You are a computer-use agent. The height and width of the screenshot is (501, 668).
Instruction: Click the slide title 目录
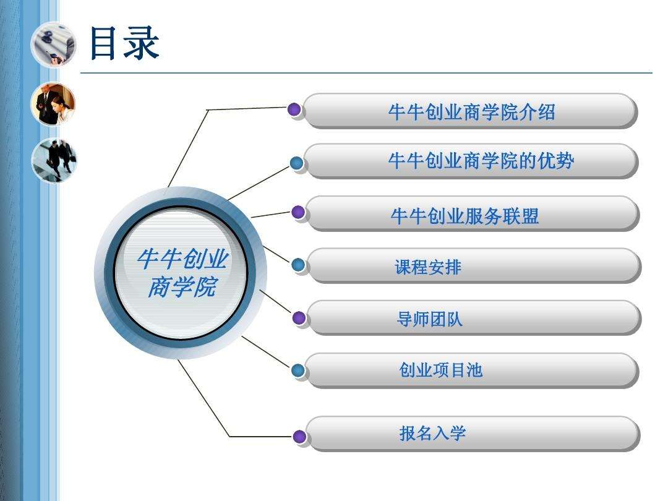pos(124,43)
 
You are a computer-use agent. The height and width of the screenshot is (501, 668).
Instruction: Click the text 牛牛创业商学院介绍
pos(471,112)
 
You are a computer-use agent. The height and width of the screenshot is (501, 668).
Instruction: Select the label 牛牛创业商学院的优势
pos(481,161)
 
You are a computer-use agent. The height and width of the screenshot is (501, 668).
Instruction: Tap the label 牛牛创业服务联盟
pos(465,216)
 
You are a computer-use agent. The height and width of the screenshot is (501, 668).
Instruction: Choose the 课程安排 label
pos(428,268)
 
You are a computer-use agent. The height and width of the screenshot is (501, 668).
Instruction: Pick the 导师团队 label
pos(429,319)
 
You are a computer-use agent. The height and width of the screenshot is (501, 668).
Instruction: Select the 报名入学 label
pos(432,433)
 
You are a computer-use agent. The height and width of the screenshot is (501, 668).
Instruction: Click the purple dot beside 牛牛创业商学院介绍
pos(294,109)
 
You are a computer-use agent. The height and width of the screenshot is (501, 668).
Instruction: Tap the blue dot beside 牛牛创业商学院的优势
pos(296,163)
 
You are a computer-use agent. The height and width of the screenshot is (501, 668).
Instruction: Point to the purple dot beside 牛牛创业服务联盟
pos(298,212)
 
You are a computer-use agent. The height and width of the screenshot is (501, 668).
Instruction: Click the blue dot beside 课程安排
pos(298,265)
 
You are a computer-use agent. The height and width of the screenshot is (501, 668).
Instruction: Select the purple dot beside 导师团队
pos(299,318)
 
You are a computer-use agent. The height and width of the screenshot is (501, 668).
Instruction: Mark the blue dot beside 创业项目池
pos(298,370)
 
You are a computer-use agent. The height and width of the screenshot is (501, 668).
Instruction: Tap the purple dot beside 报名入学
pos(299,436)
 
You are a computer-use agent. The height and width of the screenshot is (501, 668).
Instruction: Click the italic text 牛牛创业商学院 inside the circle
pos(182,273)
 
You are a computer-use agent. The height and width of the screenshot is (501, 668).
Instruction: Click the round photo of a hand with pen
pos(53,45)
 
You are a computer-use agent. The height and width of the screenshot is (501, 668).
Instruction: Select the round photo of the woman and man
pos(53,104)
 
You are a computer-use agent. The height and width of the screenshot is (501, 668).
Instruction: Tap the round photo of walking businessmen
pos(54,161)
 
